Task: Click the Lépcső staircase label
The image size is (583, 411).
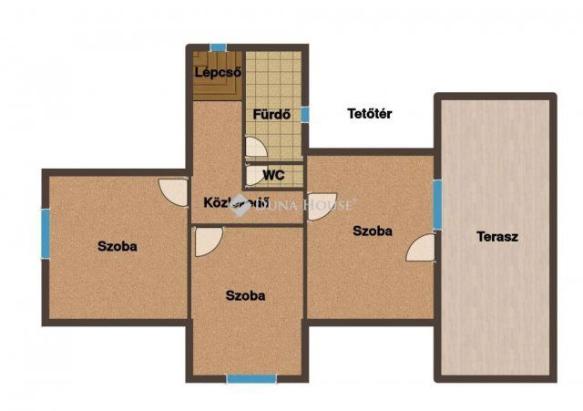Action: tap(218, 73)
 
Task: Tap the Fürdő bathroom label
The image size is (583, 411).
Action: tap(271, 115)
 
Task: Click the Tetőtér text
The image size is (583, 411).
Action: tap(370, 114)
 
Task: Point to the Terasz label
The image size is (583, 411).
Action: tap(497, 237)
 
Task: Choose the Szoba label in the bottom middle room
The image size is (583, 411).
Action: tap(246, 295)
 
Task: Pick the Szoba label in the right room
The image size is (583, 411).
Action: tap(373, 231)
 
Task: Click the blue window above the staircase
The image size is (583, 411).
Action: tap(218, 47)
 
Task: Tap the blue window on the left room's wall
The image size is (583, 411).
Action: tap(45, 233)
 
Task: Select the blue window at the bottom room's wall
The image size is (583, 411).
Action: tap(251, 378)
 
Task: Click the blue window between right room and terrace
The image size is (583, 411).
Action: tap(437, 205)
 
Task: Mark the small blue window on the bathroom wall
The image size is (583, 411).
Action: tap(305, 115)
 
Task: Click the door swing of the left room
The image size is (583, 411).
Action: tap(174, 191)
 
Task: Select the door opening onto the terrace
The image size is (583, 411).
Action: tap(422, 248)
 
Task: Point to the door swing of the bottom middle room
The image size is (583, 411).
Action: tap(207, 241)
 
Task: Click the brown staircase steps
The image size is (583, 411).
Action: tap(217, 87)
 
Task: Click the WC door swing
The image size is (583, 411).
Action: tap(252, 175)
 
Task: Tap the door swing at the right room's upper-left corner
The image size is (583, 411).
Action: tap(322, 206)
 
